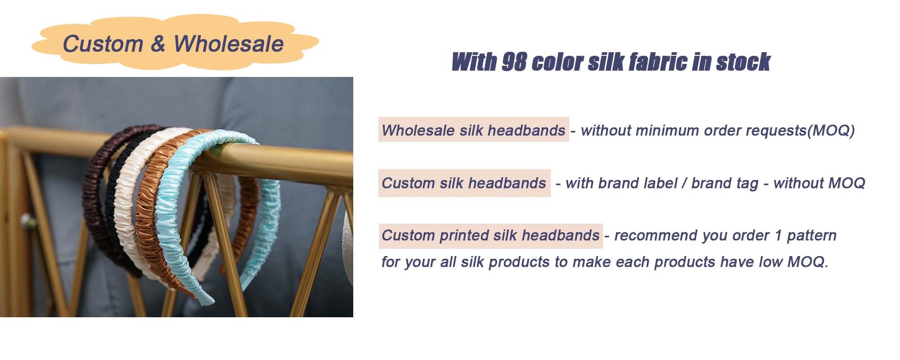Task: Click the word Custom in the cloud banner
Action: click(103, 44)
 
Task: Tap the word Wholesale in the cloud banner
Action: click(229, 44)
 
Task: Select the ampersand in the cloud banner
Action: click(158, 44)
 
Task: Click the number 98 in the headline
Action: click(514, 62)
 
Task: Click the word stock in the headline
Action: click(743, 62)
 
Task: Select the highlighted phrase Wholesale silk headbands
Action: click(473, 130)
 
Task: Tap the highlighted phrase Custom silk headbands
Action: click(464, 183)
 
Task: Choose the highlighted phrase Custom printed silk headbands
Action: click(490, 235)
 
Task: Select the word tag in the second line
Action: click(747, 184)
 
